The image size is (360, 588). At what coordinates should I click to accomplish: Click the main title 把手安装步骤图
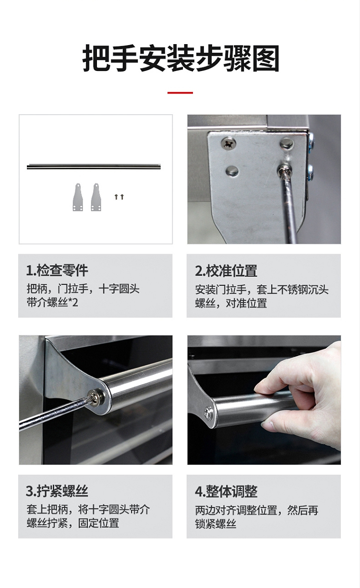[x=180, y=58]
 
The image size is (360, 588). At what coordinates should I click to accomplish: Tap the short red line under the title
[x=180, y=93]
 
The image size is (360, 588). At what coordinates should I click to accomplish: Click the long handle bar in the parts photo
[x=94, y=166]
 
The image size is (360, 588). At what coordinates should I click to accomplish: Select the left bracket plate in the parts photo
[x=78, y=197]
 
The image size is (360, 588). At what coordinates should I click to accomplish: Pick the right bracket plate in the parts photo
[x=96, y=197]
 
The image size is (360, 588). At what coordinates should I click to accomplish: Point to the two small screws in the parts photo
[x=119, y=197]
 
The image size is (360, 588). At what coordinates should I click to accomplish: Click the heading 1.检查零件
[x=57, y=270]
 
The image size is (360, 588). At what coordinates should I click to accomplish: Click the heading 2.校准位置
[x=226, y=271]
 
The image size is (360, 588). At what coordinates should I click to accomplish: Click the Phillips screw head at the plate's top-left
[x=228, y=144]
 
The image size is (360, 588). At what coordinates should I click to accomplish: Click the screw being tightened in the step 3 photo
[x=95, y=397]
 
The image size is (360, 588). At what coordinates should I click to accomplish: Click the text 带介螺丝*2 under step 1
[x=52, y=303]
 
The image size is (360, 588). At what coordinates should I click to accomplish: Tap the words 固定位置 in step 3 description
[x=98, y=523]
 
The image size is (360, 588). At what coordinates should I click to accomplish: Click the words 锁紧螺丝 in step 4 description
[x=216, y=524]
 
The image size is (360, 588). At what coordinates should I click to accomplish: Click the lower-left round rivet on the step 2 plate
[x=232, y=171]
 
